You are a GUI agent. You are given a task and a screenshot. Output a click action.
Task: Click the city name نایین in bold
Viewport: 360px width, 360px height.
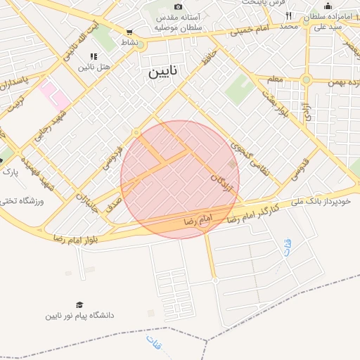click(163, 72)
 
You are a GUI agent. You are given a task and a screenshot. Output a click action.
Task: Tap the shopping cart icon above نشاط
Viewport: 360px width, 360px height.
click(129, 32)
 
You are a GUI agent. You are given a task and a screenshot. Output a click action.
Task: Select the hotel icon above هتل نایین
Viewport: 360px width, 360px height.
click(93, 56)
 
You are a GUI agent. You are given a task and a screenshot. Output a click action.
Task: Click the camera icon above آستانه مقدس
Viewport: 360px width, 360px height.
click(178, 6)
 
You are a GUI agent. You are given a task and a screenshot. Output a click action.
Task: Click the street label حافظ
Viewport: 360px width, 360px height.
click(206, 58)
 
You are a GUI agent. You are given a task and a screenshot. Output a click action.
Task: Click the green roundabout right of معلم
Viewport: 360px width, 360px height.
click(306, 79)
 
